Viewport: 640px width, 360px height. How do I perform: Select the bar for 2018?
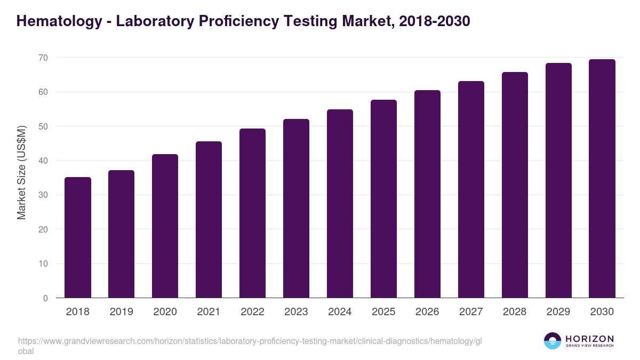point(78,238)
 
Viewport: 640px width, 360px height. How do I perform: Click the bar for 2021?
point(209,220)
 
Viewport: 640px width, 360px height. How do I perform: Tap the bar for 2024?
point(340,204)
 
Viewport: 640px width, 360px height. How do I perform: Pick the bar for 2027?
point(471,190)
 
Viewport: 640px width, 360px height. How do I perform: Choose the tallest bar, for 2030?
point(602,179)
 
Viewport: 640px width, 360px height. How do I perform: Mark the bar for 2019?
point(121,234)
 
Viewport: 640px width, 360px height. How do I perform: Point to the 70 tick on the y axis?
point(42,58)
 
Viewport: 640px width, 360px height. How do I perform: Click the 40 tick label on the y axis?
point(42,161)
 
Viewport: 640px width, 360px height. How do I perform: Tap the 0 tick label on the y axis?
point(45,298)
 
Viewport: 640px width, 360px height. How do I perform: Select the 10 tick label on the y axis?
point(42,264)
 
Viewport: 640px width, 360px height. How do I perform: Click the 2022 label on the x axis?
point(252,312)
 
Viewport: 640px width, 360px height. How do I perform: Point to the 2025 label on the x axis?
point(383,312)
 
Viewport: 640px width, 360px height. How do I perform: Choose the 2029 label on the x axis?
point(558,312)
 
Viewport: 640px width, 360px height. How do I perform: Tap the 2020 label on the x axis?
point(165,312)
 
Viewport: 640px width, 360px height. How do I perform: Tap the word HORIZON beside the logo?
point(589,339)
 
